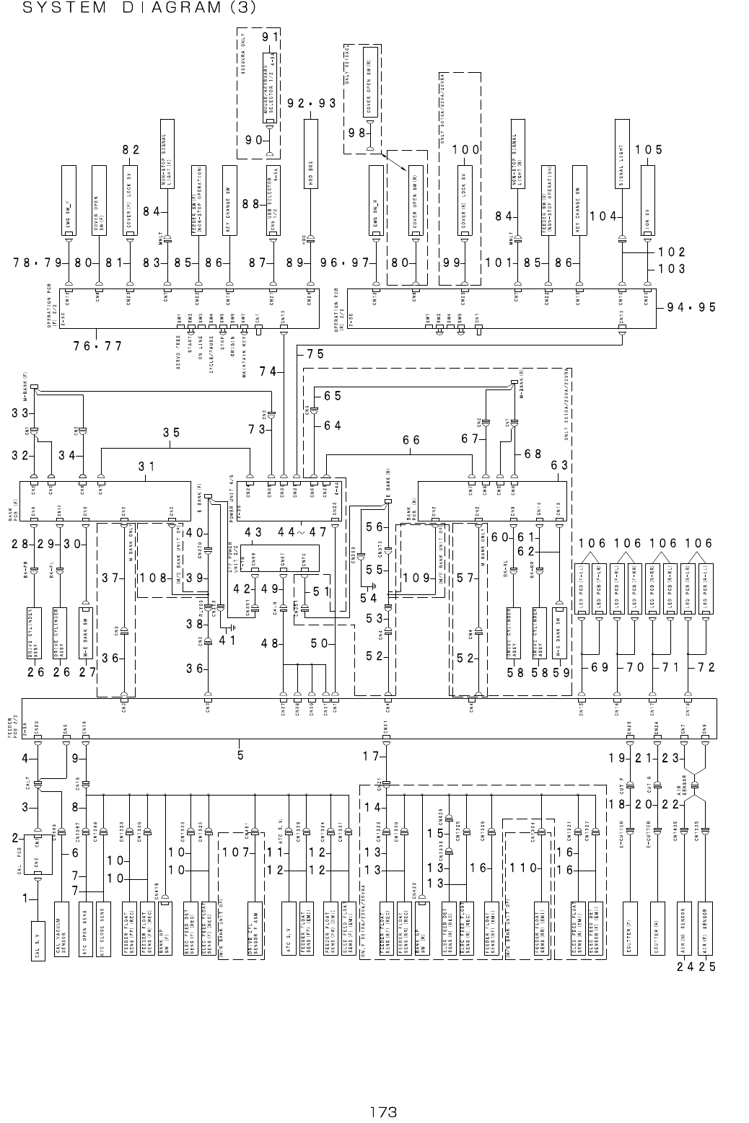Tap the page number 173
tap(382, 1111)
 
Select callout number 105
tap(648, 149)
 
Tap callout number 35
tap(172, 433)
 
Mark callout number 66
tap(411, 439)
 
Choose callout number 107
tap(235, 852)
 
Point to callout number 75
tap(315, 353)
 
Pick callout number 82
tap(130, 149)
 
